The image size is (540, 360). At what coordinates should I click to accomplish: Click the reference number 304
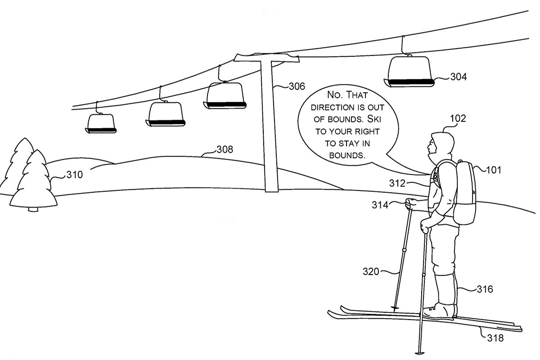coord(459,77)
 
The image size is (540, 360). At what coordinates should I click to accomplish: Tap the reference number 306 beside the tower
coord(296,86)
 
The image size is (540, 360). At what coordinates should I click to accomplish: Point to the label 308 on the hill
coord(225,149)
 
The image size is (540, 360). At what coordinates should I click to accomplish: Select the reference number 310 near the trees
coord(75,175)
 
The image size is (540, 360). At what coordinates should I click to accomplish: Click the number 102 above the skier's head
coord(458,119)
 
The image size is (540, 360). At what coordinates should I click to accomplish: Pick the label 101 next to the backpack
coord(493,170)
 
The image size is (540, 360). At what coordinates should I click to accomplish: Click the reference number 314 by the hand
coord(381,205)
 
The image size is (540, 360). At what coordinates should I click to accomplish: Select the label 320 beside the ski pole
coord(372,271)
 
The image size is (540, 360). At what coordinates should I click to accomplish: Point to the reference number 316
coord(484,289)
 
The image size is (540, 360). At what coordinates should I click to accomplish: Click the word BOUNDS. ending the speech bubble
coord(346,155)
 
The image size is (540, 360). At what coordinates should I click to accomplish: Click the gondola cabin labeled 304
coord(409,71)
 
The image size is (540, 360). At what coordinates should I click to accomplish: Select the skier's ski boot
coord(439,311)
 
